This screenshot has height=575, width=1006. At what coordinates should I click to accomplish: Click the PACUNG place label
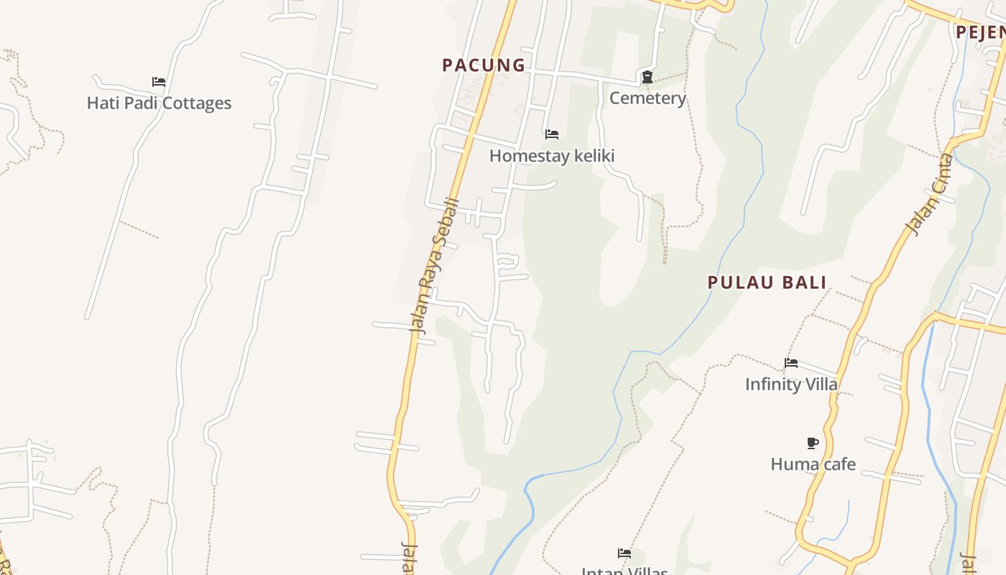click(484, 65)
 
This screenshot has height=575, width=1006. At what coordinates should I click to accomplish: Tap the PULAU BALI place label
click(767, 282)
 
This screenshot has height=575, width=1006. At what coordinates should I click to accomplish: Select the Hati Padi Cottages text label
click(159, 103)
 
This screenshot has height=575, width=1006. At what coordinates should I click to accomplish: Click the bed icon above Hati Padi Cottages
click(159, 82)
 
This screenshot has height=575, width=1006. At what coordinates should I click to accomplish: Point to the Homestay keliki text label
click(552, 155)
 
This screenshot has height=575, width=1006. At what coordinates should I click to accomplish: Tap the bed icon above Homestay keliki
click(552, 134)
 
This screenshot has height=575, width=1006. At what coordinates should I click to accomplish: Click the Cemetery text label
click(647, 98)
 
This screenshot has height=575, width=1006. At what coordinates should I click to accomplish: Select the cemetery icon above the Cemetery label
click(647, 77)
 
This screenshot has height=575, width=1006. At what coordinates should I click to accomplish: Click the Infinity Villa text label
click(791, 384)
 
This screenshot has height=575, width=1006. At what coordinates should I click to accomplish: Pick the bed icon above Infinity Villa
click(791, 363)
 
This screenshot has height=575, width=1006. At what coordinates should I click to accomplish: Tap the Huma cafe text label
click(813, 464)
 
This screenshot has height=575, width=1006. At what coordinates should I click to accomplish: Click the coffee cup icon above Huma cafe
click(813, 443)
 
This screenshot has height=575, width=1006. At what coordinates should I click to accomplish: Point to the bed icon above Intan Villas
click(624, 553)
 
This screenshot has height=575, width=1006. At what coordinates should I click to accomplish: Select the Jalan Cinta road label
click(929, 194)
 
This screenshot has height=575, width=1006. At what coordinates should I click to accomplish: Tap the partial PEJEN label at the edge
click(980, 32)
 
